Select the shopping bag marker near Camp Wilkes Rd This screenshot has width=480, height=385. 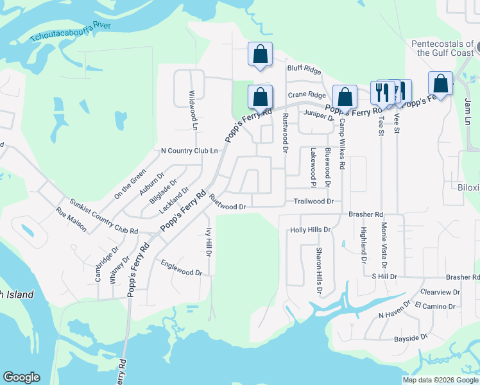(345, 97)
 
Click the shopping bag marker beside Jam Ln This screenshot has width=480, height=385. (440, 83)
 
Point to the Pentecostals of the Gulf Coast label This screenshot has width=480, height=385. (443, 48)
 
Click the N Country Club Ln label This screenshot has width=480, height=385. (189, 151)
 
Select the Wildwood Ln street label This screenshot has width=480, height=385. (193, 108)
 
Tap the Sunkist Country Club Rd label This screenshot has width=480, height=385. (104, 216)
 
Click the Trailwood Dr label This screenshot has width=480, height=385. (314, 201)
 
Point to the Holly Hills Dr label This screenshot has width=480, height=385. (310, 229)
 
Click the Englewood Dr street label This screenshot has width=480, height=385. (182, 268)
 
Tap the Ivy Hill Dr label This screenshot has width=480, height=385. (209, 243)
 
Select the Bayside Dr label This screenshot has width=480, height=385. (411, 338)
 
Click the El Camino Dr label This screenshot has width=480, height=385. (435, 306)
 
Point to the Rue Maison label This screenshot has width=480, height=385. (71, 219)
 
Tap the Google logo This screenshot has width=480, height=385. (21, 377)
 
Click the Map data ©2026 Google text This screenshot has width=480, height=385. (440, 380)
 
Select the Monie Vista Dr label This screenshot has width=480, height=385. (384, 245)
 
